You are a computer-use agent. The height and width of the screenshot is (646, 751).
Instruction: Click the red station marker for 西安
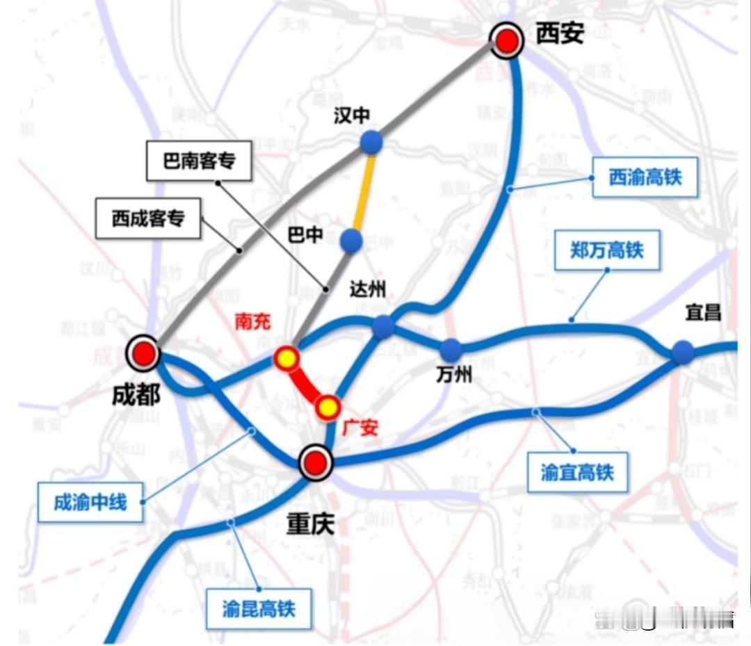pyautogui.click(x=508, y=42)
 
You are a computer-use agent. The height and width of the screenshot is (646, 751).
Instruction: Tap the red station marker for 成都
pyautogui.click(x=144, y=354)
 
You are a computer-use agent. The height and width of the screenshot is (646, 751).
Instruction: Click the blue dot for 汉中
pyautogui.click(x=372, y=142)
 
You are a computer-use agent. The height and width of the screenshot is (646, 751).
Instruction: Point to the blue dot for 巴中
pyautogui.click(x=352, y=241)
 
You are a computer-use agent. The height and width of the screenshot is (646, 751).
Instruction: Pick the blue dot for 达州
pyautogui.click(x=383, y=326)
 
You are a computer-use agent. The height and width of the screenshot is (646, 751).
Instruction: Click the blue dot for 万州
pyautogui.click(x=451, y=349)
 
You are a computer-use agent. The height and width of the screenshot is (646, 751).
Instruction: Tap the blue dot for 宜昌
pyautogui.click(x=682, y=353)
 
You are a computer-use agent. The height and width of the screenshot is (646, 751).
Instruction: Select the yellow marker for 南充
pyautogui.click(x=286, y=359)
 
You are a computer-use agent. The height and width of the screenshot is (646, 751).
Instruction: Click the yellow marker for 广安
pyautogui.click(x=327, y=407)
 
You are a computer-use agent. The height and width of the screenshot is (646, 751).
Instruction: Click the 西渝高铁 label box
pyautogui.click(x=645, y=177)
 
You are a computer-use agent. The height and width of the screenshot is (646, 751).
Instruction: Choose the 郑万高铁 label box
pyautogui.click(x=607, y=250)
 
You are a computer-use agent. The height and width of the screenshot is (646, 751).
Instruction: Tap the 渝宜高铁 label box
pyautogui.click(x=577, y=473)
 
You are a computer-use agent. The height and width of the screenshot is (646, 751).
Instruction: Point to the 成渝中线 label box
pyautogui.click(x=90, y=502)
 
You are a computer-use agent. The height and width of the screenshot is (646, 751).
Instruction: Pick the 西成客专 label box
pyautogui.click(x=148, y=218)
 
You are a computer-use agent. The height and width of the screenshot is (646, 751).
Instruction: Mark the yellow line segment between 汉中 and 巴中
pyautogui.click(x=363, y=191)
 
